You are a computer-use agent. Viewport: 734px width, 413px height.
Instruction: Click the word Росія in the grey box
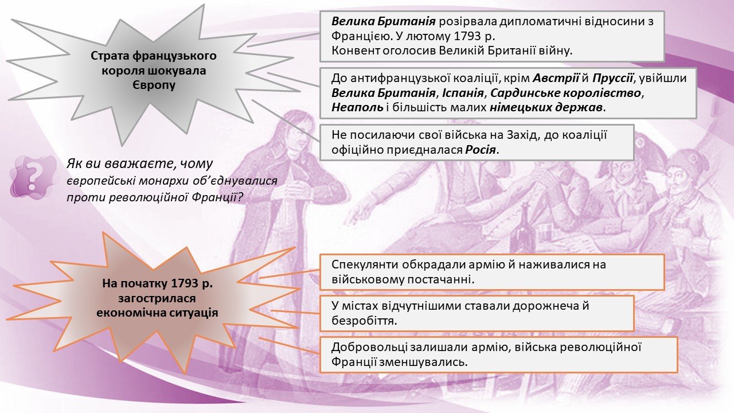(481, 150)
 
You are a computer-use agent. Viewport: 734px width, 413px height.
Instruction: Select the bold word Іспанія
(463, 93)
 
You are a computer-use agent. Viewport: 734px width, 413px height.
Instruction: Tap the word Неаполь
(357, 107)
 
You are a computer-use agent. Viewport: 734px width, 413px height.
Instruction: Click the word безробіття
(364, 320)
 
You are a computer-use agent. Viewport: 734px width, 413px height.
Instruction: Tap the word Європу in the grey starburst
(154, 85)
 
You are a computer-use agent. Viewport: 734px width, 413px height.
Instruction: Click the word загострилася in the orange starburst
(157, 298)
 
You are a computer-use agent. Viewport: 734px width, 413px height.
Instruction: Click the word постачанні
(440, 279)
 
